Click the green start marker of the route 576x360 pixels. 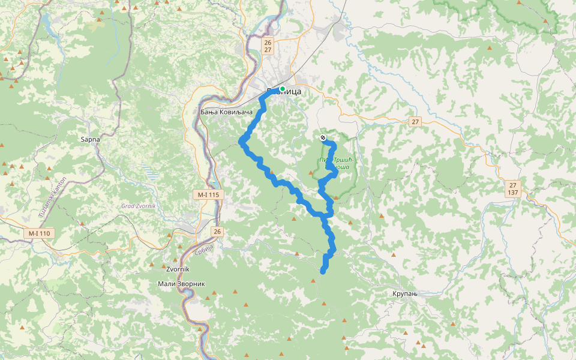point(282,89)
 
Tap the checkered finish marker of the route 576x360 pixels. point(323,138)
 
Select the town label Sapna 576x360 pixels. point(90,139)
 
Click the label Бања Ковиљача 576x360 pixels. point(226,112)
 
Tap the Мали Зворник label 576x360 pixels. point(182,283)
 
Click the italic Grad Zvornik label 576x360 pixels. point(139,206)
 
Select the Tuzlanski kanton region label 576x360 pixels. point(46,198)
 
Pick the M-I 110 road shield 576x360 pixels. point(40,233)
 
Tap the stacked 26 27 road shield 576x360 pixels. point(268,46)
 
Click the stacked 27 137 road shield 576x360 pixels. point(512,188)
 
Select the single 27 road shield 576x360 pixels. point(415,122)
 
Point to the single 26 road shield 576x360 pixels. point(217,231)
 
